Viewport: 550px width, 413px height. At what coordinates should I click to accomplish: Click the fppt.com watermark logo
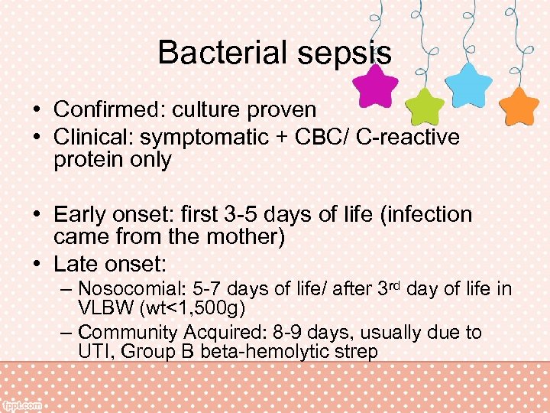coord(23,405)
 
